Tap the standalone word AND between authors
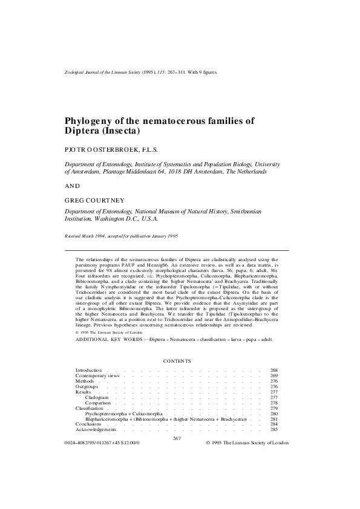pyautogui.click(x=71, y=186)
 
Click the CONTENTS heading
pyautogui.click(x=177, y=361)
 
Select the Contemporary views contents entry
pyautogui.click(x=97, y=375)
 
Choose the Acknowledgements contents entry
pyautogui.click(x=96, y=430)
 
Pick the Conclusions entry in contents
pyautogui.click(x=90, y=424)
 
